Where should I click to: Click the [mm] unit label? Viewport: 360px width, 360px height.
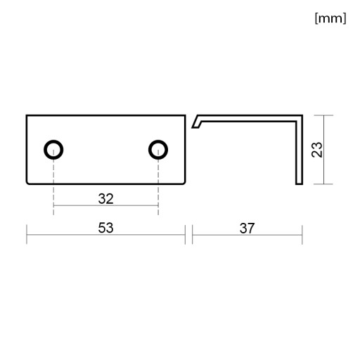[330, 18]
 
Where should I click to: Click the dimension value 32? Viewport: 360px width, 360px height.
[105, 199]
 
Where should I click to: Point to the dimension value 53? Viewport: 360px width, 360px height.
[105, 228]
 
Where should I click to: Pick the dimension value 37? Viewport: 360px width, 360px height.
[247, 229]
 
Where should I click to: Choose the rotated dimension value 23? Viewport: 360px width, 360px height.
[317, 150]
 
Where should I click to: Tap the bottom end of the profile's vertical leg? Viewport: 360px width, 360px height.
[299, 184]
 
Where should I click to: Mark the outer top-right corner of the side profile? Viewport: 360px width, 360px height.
[302, 115]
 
